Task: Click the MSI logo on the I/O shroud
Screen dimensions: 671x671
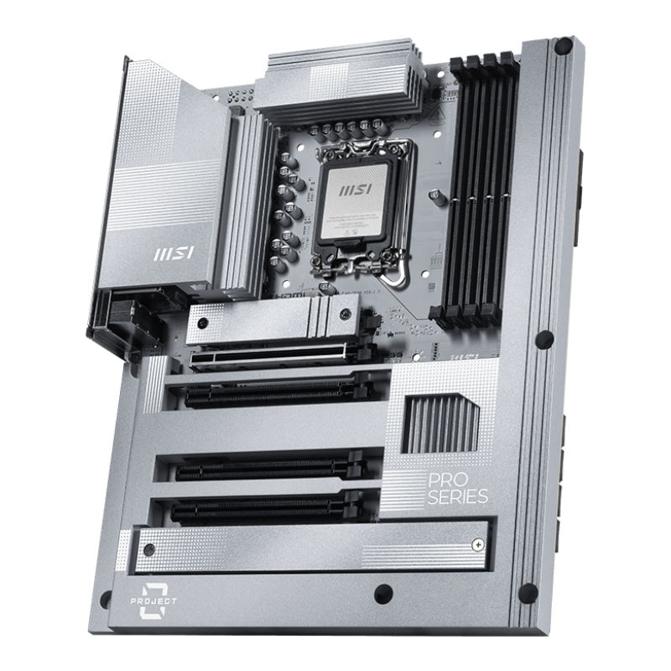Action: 170,252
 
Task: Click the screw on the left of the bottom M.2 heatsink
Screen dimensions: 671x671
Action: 148,550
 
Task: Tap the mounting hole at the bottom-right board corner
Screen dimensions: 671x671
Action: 528,592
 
